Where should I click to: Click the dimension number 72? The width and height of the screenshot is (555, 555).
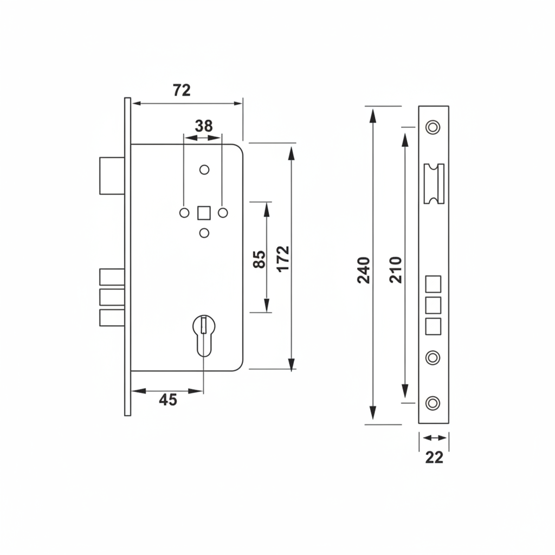pos(182,90)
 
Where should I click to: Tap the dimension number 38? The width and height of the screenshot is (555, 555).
pos(204,126)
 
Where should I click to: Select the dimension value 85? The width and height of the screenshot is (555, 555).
pos(259,259)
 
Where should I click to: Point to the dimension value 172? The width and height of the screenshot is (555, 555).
pos(283,259)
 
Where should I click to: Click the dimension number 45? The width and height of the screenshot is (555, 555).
pos(168,400)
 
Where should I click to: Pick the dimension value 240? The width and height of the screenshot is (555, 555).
pos(364,269)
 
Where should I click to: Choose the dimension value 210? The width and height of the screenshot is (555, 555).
pos(396,269)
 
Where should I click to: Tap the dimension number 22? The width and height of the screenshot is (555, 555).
pos(434,458)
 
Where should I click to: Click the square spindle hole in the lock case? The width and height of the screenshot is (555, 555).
pos(204,212)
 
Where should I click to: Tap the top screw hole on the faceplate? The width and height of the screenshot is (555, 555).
pos(433,127)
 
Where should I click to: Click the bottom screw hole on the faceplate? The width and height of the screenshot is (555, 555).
pos(433,403)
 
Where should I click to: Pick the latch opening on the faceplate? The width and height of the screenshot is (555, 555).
pos(434,184)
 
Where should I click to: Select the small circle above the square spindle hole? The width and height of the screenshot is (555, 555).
pos(204,170)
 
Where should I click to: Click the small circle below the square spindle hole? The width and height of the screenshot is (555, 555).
pos(204,233)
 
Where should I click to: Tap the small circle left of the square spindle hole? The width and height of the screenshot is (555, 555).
pos(184,212)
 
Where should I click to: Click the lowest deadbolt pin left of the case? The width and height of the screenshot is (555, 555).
pos(112,318)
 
